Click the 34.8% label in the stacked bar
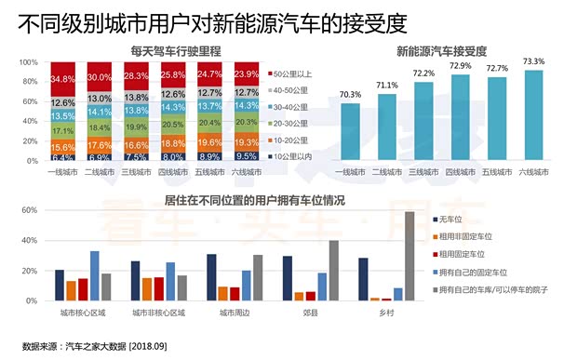coord(62,78)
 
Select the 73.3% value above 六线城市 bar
coord(533,62)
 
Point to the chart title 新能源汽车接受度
coord(442,49)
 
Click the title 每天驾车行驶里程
coord(152,49)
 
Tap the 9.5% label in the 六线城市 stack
coord(246,157)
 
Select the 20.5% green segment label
coord(172,125)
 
